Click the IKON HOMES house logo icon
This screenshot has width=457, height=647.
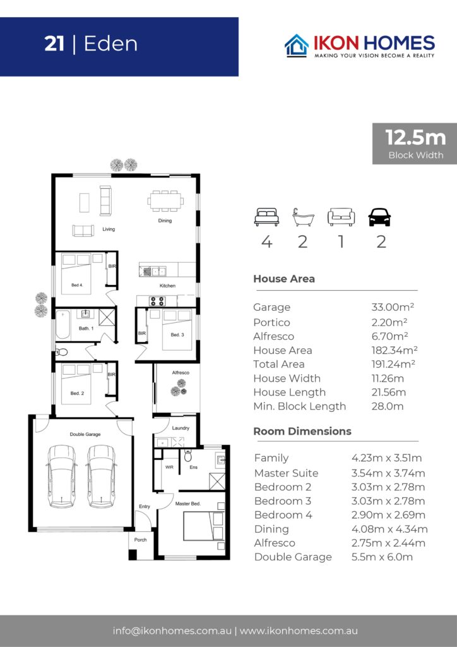(296, 45)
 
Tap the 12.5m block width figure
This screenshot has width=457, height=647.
(415, 137)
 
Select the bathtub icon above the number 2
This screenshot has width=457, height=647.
(303, 217)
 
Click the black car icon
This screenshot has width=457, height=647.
(379, 217)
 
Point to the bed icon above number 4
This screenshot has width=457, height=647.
(266, 217)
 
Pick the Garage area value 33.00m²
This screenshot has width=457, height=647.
(393, 307)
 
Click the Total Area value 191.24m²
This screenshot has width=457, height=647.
(393, 364)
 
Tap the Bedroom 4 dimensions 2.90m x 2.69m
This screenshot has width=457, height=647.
(388, 515)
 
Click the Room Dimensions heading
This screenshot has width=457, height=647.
(302, 431)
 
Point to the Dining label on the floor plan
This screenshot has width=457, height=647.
(165, 221)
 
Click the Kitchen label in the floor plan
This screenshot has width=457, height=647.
(168, 286)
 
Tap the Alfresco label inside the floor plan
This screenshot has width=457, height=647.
(181, 373)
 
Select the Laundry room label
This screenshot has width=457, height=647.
(181, 428)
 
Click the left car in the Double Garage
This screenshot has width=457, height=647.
(61, 476)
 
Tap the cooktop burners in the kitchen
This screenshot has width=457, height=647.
(157, 301)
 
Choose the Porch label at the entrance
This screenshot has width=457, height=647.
(141, 540)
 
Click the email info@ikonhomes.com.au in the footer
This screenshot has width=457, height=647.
(172, 631)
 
